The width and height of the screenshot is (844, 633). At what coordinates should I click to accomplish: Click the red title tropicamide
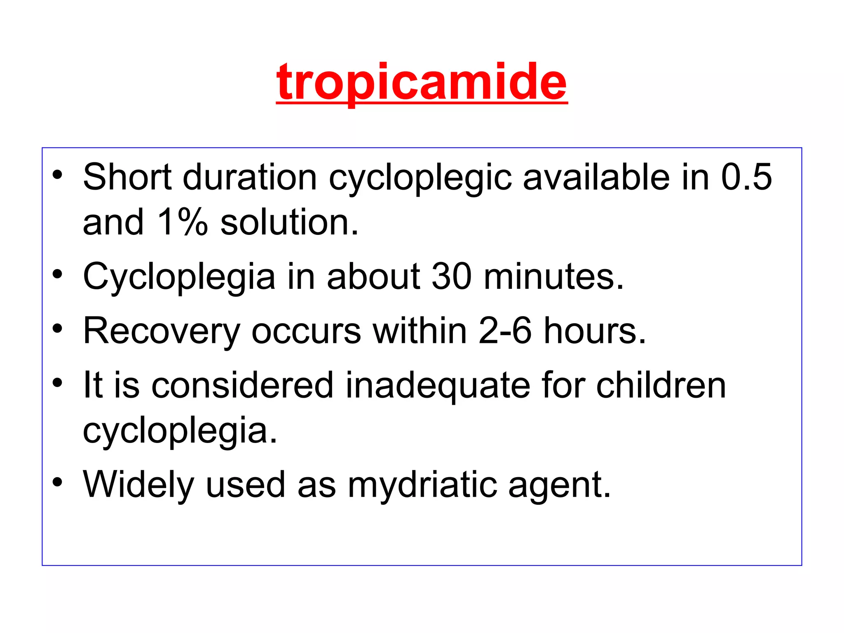point(422,82)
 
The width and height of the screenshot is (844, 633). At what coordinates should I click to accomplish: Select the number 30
point(451,276)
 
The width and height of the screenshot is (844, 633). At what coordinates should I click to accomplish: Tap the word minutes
point(553,276)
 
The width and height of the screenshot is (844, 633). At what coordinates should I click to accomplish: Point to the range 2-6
point(505,331)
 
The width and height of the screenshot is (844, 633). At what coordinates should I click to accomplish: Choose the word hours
point(595,331)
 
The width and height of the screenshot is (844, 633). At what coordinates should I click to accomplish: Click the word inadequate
point(438,385)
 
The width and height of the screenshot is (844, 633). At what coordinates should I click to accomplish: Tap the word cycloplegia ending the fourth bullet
point(180,431)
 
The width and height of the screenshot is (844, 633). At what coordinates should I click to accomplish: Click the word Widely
point(138,485)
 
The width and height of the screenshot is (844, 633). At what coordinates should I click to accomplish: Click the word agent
point(559,485)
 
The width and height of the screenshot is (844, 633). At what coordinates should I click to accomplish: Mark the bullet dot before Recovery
point(57,328)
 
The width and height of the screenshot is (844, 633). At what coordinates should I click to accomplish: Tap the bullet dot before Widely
point(57,482)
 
